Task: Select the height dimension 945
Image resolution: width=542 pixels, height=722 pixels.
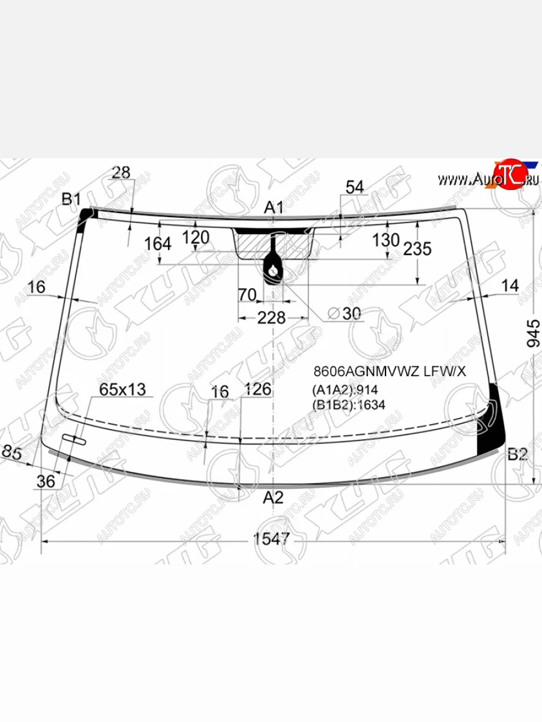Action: (x=533, y=333)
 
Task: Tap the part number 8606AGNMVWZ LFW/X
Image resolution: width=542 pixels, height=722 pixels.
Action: (x=390, y=371)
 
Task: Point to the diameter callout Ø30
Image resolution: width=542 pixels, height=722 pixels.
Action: (x=344, y=313)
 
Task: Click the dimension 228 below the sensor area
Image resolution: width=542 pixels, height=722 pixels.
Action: (x=271, y=318)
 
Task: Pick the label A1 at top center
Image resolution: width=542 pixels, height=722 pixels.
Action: (x=274, y=208)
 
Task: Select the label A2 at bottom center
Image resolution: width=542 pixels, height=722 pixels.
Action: (x=273, y=498)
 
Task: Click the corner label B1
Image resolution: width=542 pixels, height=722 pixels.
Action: (x=72, y=199)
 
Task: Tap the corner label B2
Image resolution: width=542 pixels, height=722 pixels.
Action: (x=517, y=454)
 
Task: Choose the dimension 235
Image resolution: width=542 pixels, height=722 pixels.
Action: (x=417, y=248)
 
